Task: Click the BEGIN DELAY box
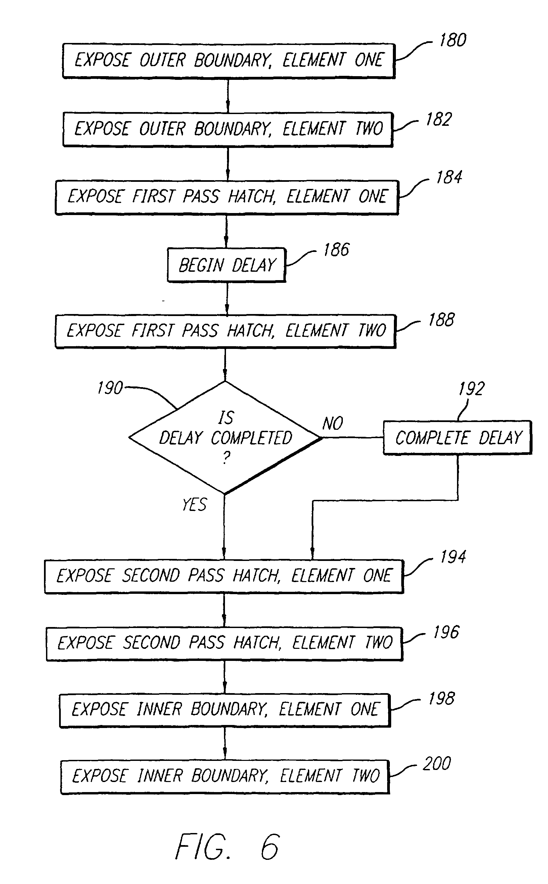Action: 227,265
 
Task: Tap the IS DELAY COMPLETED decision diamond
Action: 225,437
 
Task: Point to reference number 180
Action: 453,40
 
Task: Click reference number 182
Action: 439,119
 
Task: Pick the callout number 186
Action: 336,250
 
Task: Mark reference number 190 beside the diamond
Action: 110,388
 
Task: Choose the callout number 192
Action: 471,389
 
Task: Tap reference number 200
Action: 437,764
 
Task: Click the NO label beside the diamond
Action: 332,423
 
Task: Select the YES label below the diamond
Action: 195,504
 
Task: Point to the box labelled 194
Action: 224,576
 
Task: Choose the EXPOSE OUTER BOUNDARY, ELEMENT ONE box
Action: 228,60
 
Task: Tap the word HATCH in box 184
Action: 252,197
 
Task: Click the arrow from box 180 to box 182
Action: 228,96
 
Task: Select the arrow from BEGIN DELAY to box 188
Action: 227,298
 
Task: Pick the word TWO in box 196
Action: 378,642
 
